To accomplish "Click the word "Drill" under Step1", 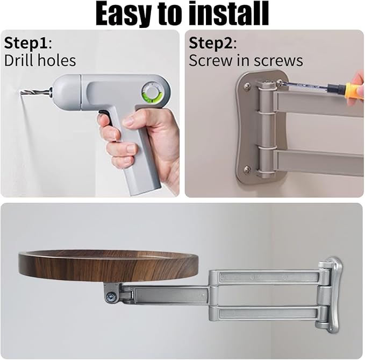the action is click(19, 61).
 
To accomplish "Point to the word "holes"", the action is click(57, 61).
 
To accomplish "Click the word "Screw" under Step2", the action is click(211, 61).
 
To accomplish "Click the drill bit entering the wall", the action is click(35, 92).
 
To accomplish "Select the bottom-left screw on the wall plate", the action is click(247, 168).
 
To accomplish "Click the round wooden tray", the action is click(108, 266).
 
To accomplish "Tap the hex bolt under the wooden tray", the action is click(111, 297).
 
